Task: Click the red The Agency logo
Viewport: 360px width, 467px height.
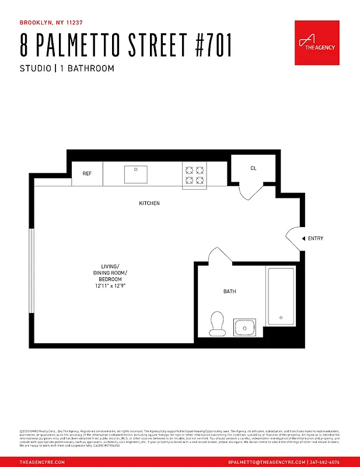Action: point(317,43)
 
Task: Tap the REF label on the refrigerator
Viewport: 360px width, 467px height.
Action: point(87,173)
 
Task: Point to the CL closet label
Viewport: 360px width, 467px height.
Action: point(253,168)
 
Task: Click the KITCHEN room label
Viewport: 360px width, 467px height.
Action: point(149,203)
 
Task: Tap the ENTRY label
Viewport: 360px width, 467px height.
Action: point(316,238)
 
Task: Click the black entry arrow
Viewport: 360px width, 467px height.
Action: point(303,238)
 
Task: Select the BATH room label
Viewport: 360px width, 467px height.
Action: point(230,291)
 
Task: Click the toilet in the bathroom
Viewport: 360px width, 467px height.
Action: point(217,324)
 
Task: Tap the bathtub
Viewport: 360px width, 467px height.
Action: point(281,297)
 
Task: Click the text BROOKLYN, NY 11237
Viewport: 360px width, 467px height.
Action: point(51,23)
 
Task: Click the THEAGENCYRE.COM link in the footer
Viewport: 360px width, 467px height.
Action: point(42,461)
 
